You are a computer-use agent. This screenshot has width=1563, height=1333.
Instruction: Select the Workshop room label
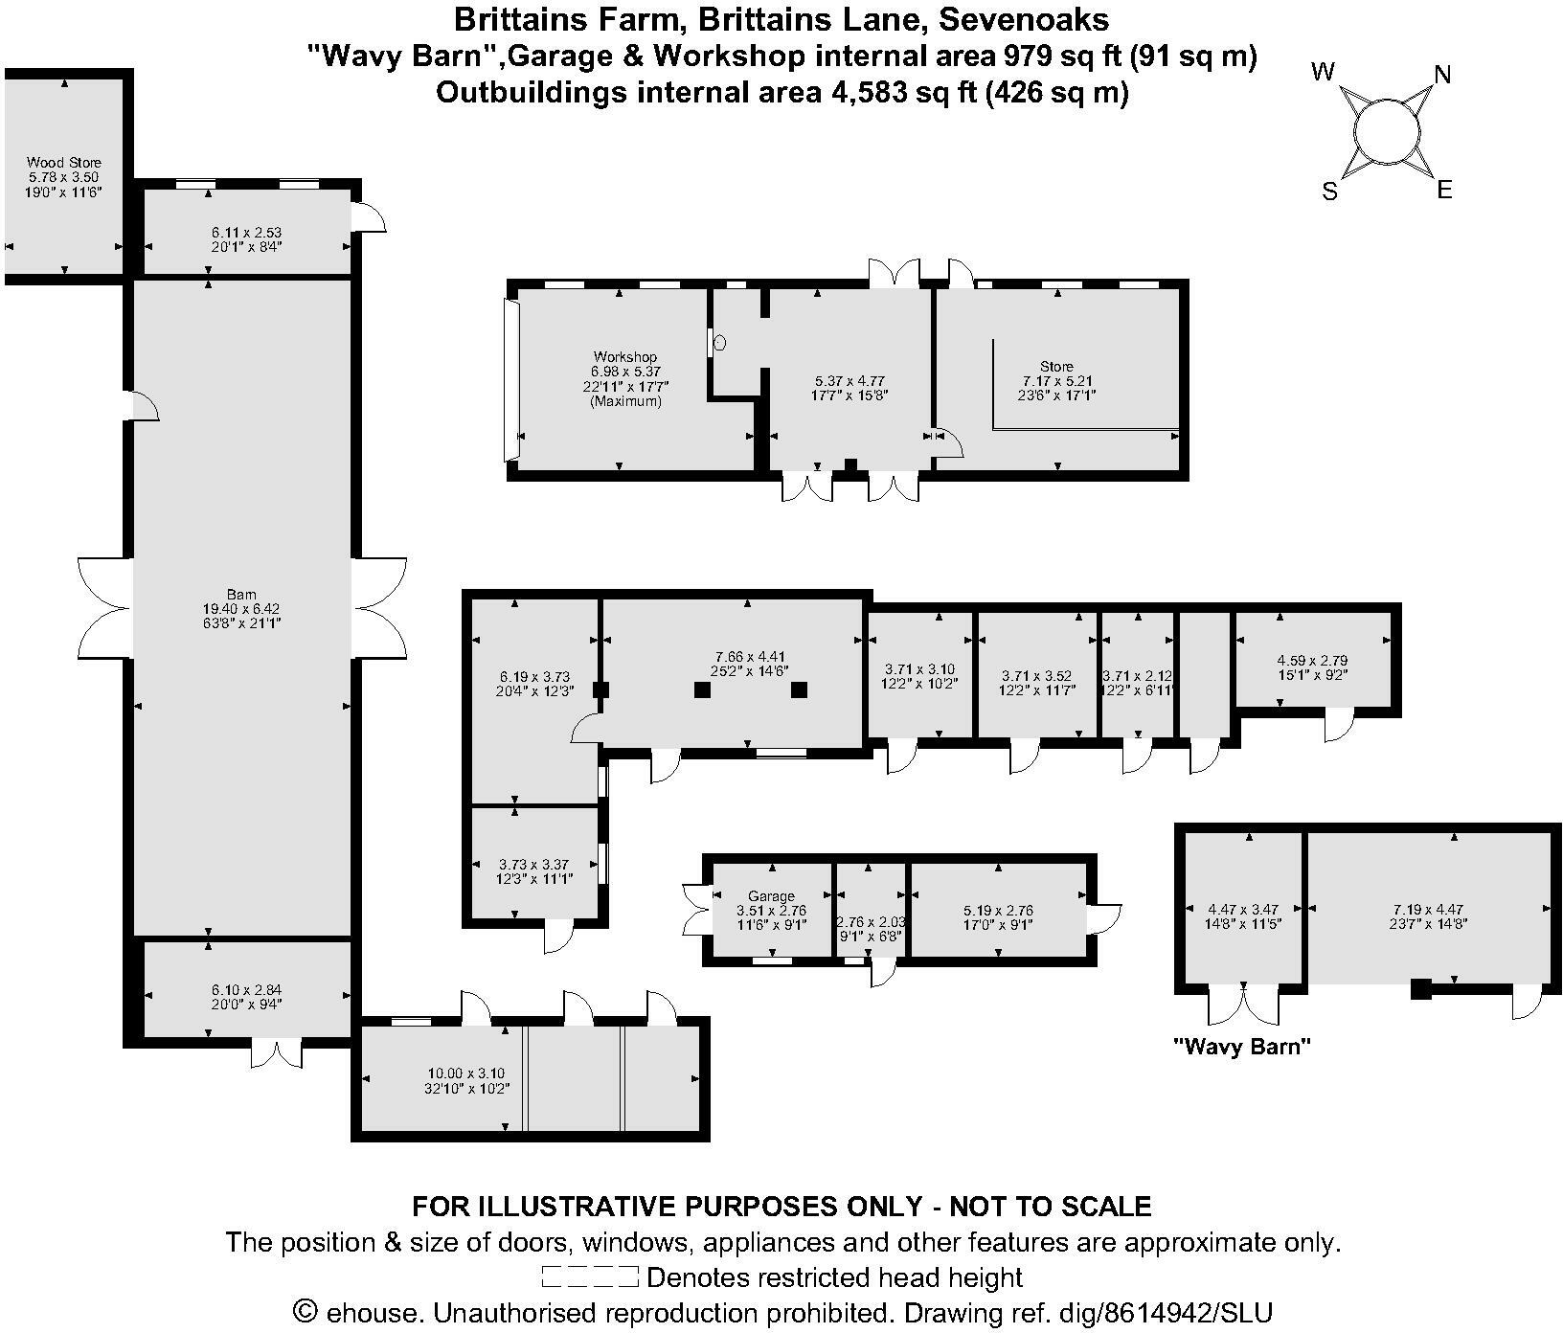pos(624,356)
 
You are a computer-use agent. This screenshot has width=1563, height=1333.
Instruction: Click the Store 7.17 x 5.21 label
pos(1056,366)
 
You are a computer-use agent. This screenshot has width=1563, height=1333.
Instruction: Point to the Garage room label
pos(771,896)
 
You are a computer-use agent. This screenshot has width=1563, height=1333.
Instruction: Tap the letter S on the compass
pos(1329,192)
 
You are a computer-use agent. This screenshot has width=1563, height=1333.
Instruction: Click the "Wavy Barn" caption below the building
pos(1242,1047)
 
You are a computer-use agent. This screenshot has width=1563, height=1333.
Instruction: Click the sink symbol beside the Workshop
pos(720,342)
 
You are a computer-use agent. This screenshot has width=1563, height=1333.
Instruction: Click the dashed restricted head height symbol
pos(589,1277)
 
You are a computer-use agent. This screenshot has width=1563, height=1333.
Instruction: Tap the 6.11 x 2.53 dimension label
pos(246,232)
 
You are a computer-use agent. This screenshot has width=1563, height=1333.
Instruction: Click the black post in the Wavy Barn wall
pos(1420,989)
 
